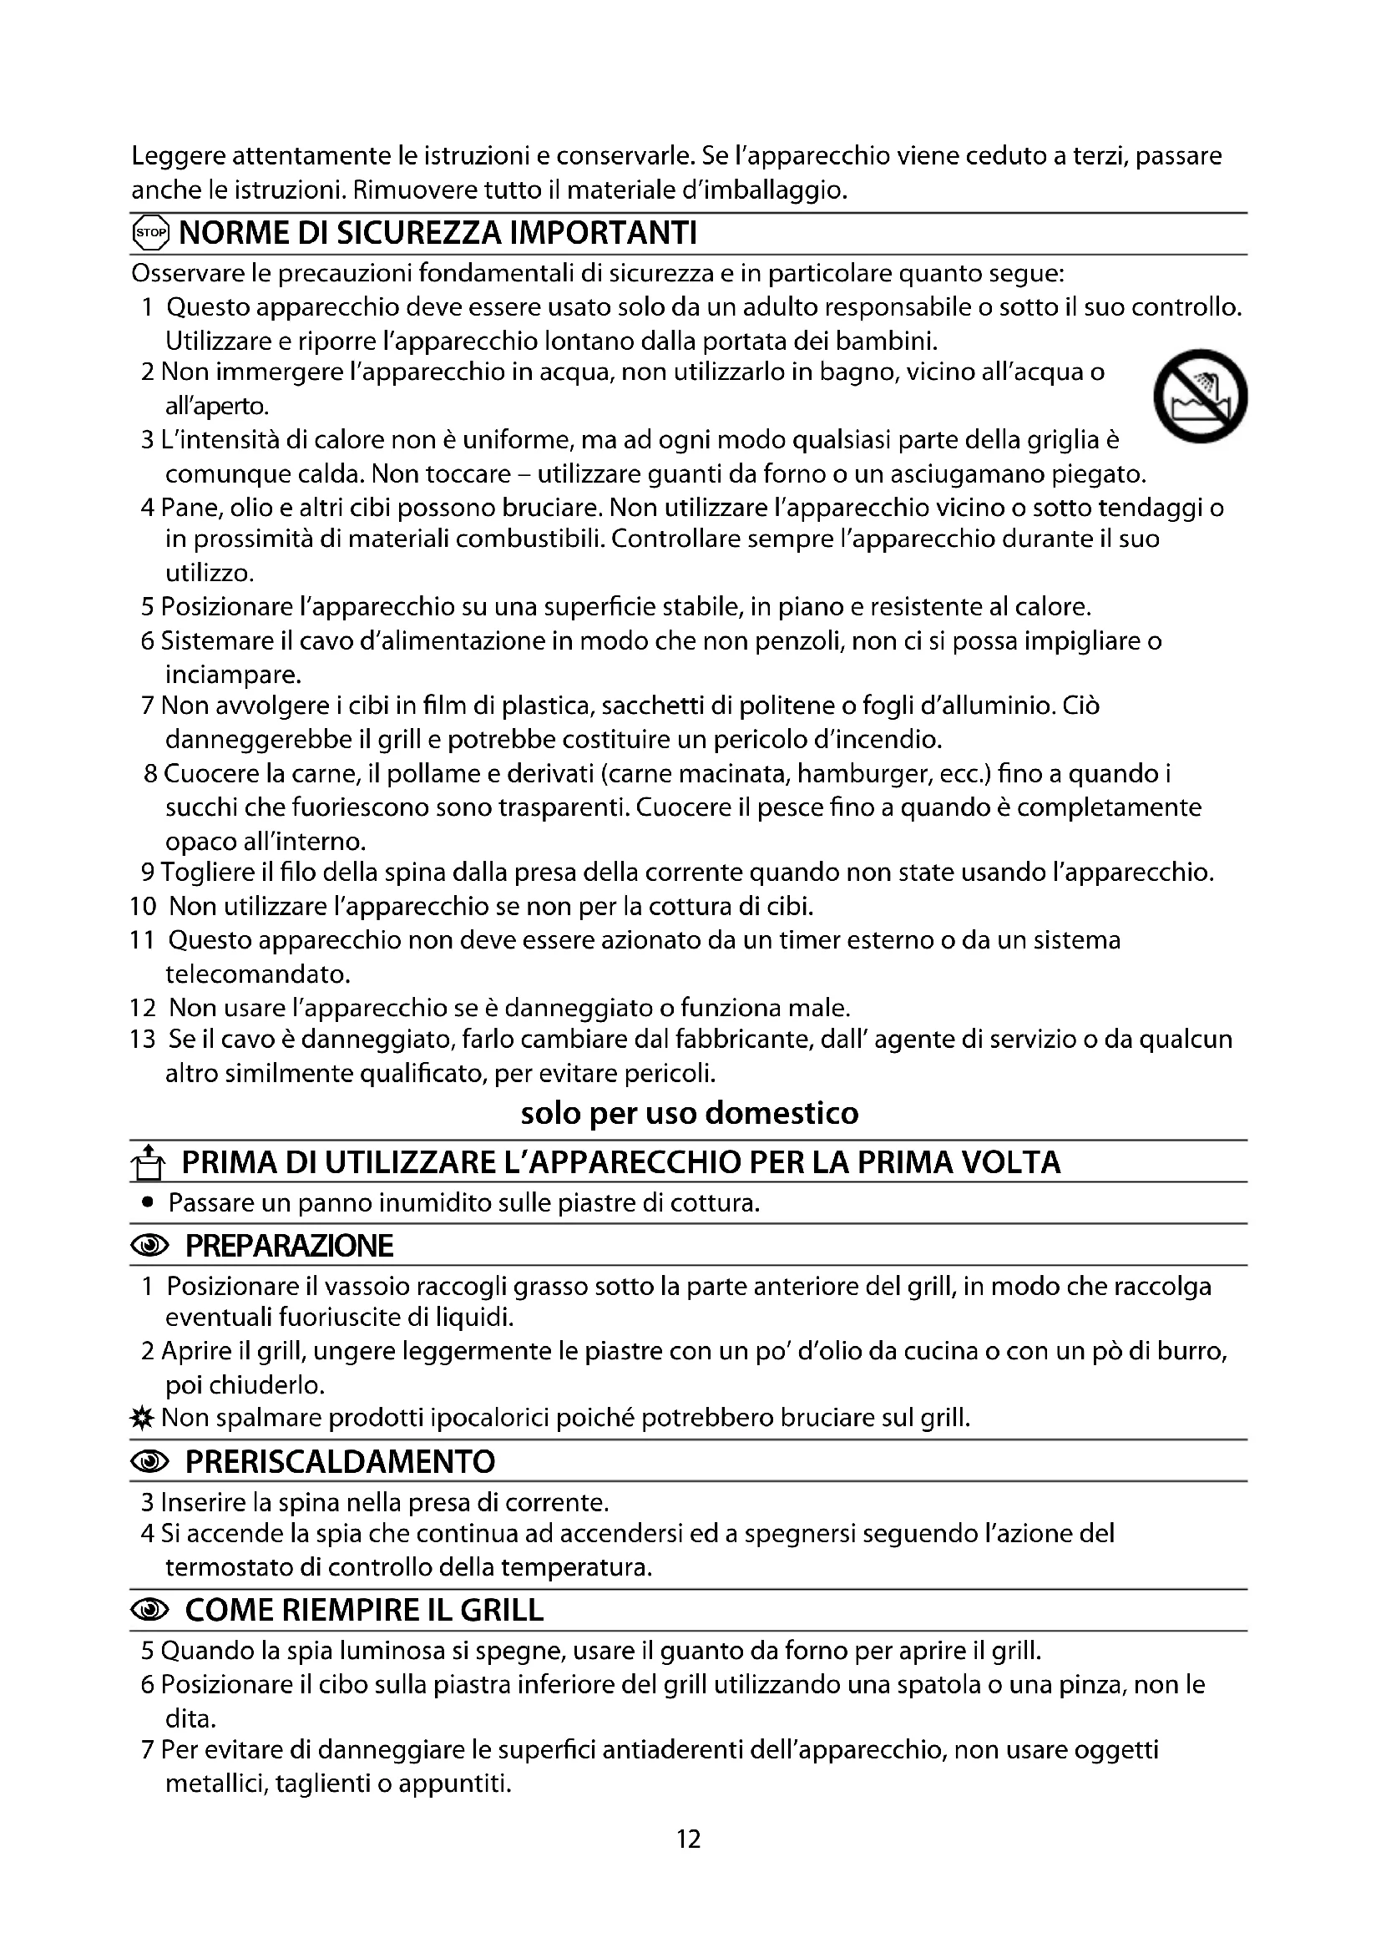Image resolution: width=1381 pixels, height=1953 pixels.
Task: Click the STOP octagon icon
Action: [x=151, y=233]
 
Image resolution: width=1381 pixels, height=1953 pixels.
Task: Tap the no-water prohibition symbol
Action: [x=1200, y=396]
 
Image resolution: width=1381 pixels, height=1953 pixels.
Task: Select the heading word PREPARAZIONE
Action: [x=289, y=1246]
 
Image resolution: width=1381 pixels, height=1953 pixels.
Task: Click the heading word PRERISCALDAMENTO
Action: [x=340, y=1461]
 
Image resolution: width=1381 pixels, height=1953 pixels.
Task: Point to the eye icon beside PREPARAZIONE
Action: [x=150, y=1246]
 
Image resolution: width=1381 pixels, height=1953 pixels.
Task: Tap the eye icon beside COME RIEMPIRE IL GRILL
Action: [x=150, y=1610]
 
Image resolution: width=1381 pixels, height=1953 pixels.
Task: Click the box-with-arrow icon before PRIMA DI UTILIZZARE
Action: [x=149, y=1163]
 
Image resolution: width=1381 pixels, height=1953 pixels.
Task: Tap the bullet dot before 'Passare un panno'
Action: [x=149, y=1202]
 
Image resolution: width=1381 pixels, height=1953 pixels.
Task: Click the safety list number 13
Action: [x=143, y=1040]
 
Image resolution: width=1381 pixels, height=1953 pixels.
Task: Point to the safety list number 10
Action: [x=143, y=907]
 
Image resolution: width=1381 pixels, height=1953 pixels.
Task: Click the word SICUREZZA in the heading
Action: [x=419, y=233]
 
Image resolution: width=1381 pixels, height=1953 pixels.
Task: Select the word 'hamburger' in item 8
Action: [x=865, y=774]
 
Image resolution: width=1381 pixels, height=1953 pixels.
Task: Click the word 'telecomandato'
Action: [x=245, y=974]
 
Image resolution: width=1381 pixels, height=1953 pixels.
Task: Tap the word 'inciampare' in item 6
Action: [x=233, y=675]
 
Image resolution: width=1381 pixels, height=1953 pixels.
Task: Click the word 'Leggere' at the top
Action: [x=178, y=157]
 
